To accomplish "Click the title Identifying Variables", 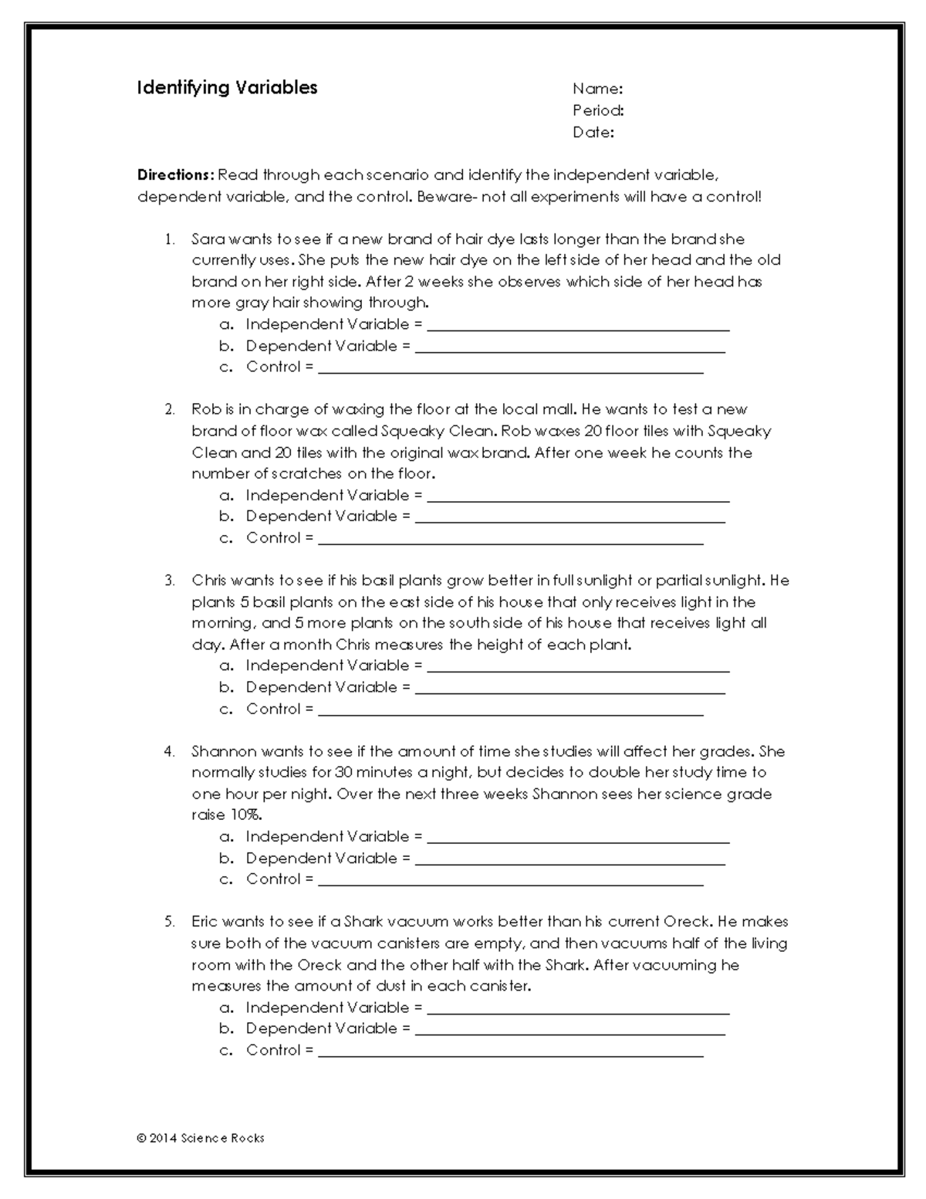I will [x=227, y=88].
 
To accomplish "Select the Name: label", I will [x=597, y=89].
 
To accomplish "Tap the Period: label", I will [x=598, y=110].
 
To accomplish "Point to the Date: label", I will [x=593, y=132].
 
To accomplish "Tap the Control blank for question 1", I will [x=510, y=367].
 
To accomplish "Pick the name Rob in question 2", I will [x=206, y=409].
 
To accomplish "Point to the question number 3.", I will [x=169, y=581].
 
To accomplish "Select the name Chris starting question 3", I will [x=209, y=580].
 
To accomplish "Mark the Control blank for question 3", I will [x=510, y=710].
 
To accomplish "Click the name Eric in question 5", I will [x=205, y=921].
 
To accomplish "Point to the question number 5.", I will [x=169, y=922].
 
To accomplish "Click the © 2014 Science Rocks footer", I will [x=201, y=1138].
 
